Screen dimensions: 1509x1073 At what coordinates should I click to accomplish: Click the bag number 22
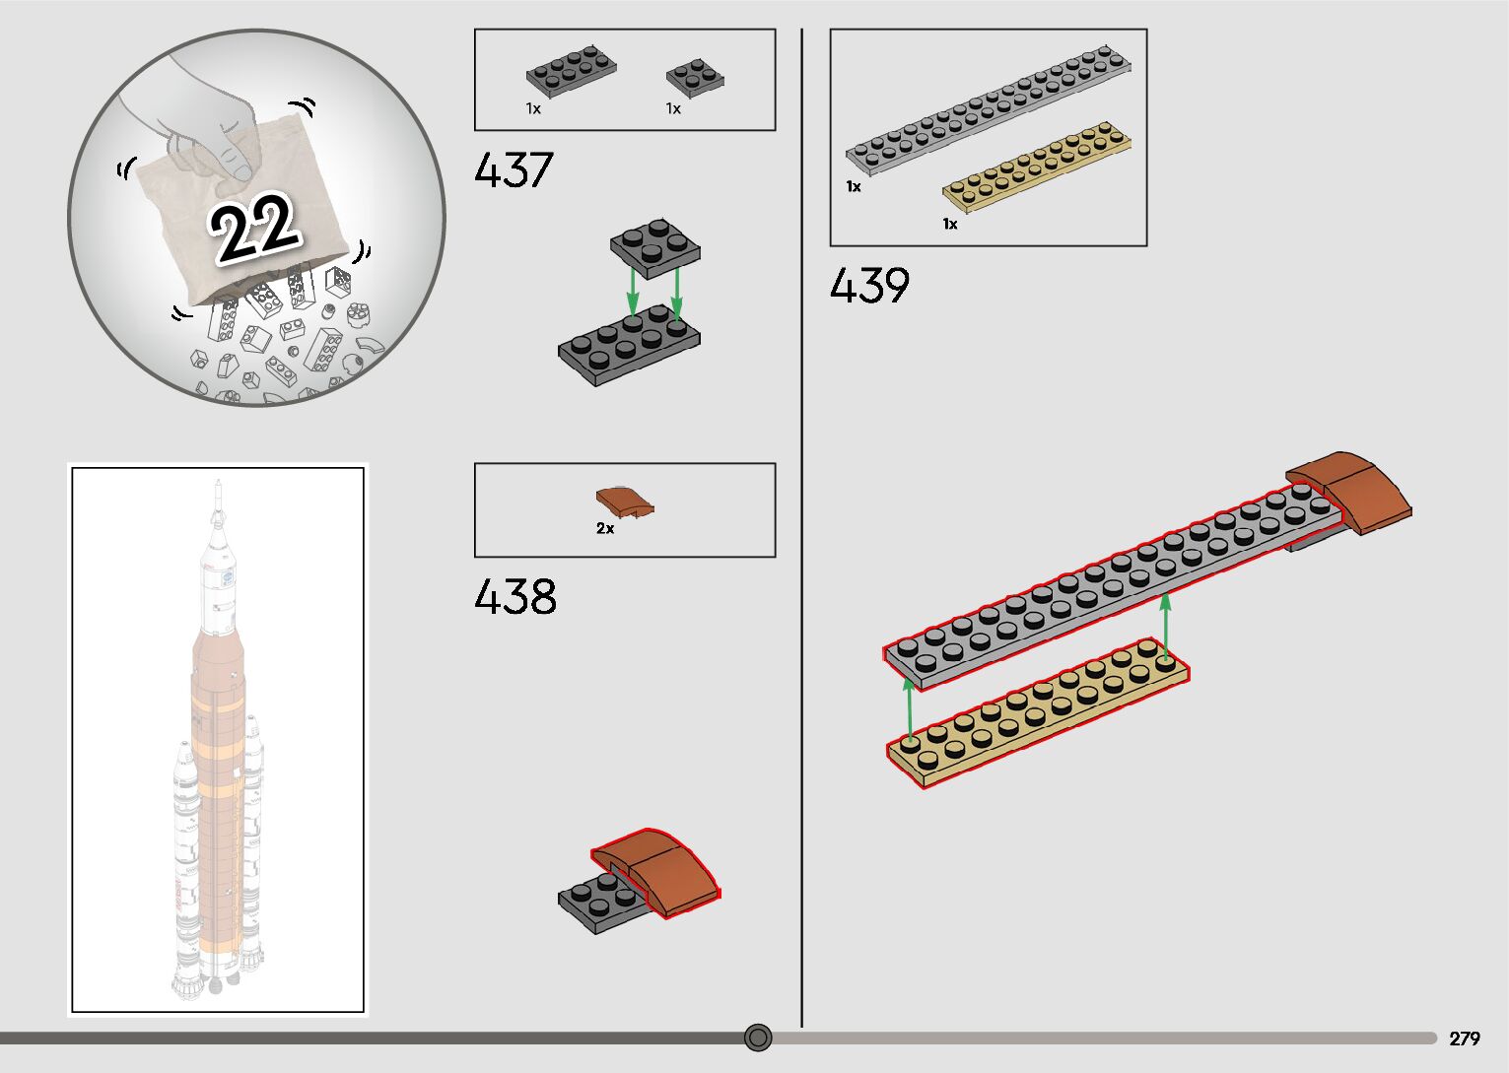253,228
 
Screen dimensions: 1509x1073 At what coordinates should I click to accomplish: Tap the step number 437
514,169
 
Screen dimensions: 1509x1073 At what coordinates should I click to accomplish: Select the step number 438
515,596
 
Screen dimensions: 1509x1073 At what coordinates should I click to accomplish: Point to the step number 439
869,285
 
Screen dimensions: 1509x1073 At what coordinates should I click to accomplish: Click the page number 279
1465,1038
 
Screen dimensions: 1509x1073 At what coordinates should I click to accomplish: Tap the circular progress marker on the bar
758,1038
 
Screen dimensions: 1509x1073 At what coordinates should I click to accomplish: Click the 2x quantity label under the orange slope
605,529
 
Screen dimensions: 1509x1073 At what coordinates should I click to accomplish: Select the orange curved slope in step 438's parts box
625,502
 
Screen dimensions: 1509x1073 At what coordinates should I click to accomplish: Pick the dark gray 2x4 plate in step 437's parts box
571,71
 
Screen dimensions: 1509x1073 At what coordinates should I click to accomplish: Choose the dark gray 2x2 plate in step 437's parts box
695,78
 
